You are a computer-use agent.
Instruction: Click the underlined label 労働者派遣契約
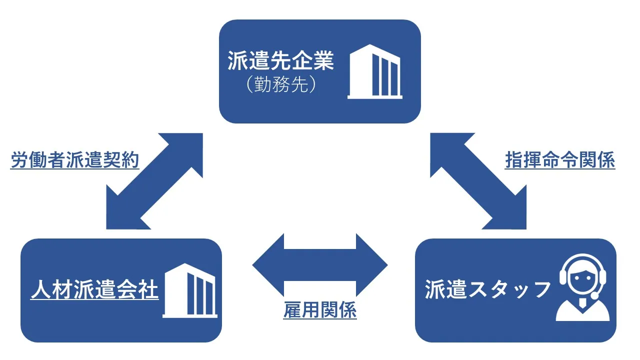click(75, 161)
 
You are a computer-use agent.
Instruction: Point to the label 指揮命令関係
click(559, 161)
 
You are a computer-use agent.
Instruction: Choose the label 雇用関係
click(320, 310)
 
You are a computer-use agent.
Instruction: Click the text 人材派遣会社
click(94, 290)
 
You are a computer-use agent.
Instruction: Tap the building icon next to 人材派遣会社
click(190, 290)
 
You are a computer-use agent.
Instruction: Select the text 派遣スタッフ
click(487, 290)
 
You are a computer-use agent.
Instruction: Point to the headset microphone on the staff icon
click(595, 296)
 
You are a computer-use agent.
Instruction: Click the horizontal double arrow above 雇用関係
click(320, 264)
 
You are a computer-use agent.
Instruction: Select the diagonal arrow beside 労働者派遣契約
click(154, 181)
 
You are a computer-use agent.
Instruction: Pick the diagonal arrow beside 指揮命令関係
click(478, 181)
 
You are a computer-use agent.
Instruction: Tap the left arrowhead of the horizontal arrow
click(267, 264)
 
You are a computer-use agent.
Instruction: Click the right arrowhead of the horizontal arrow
click(372, 264)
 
